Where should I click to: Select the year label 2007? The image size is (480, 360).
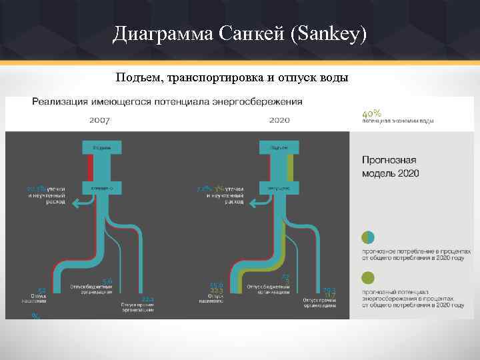(99, 121)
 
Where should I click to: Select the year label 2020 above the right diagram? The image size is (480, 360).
(279, 121)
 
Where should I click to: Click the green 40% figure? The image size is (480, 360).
(371, 113)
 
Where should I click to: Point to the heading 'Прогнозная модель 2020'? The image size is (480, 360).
(390, 167)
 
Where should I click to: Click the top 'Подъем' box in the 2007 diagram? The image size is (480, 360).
(101, 147)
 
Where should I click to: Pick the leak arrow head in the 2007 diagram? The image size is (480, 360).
(75, 204)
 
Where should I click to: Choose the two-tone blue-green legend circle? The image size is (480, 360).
(368, 237)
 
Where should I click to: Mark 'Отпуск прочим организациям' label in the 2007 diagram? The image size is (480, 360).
(139, 307)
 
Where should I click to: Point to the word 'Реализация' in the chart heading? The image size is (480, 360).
(59, 102)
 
